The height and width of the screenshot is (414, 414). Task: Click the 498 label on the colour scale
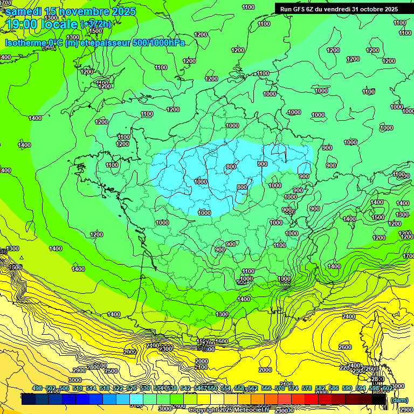coord(37,388)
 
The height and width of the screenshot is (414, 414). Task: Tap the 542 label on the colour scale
coord(185,388)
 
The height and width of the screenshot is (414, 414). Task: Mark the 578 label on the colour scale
coord(307,388)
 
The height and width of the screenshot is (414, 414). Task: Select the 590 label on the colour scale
coord(347,388)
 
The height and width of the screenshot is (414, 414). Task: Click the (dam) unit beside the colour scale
coord(399,400)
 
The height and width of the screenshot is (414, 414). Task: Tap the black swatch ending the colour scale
coord(379,399)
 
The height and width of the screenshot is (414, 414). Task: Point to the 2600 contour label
coord(345,347)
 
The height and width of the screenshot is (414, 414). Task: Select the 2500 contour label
coord(111,371)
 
